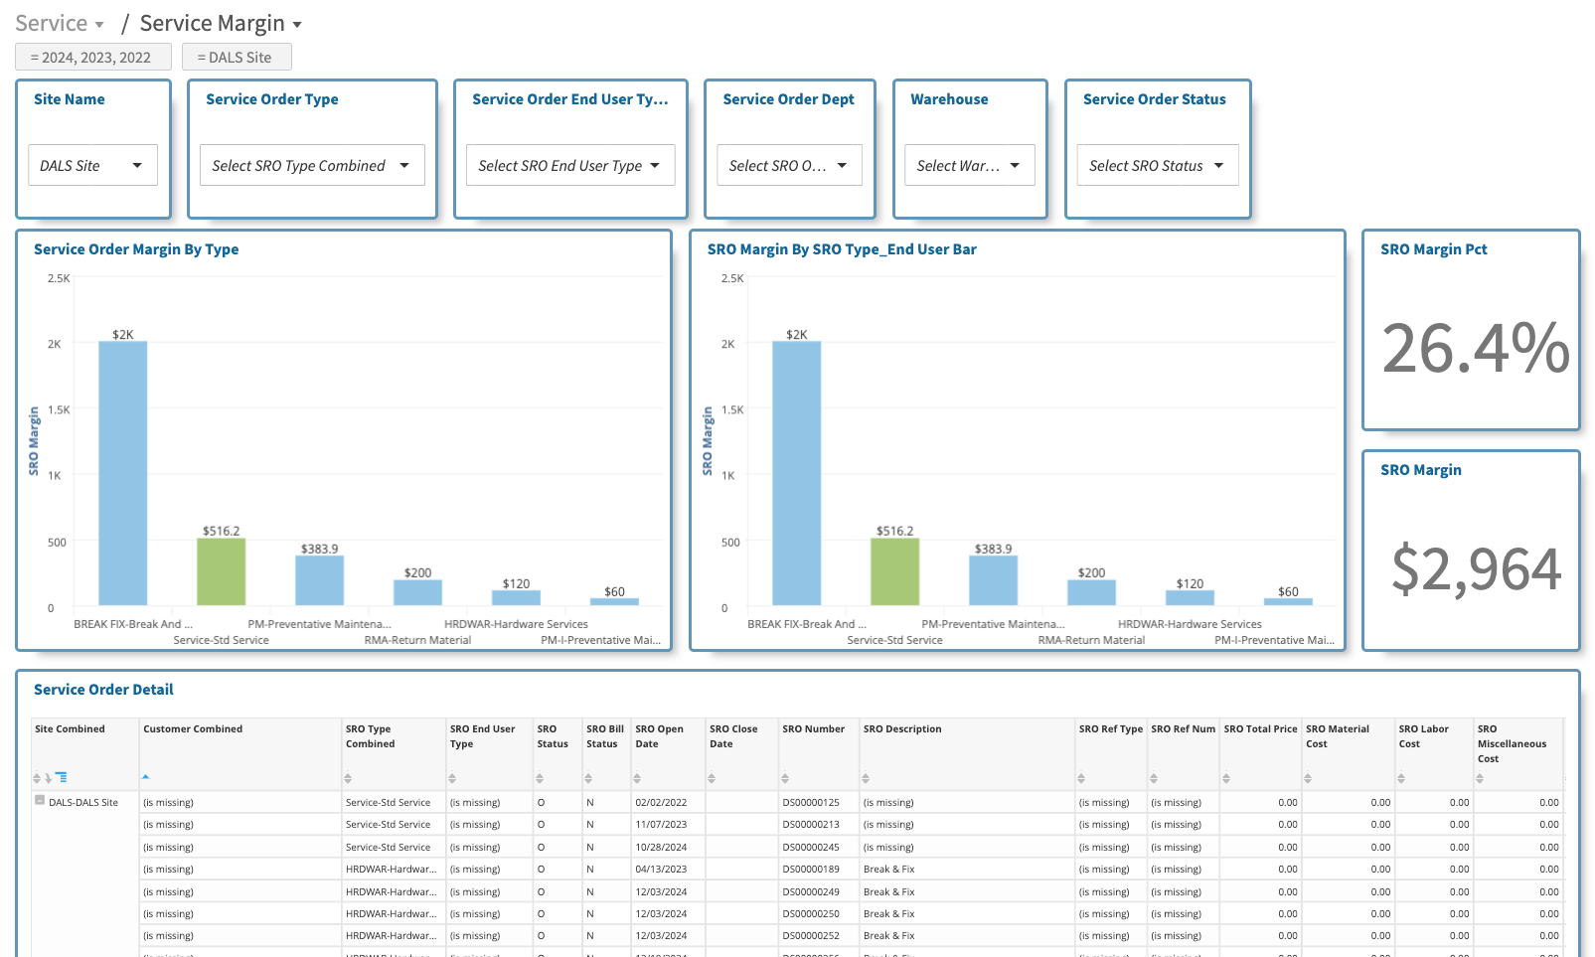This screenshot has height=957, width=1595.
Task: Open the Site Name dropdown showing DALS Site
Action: (x=91, y=165)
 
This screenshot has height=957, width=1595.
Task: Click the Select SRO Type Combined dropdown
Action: (x=311, y=165)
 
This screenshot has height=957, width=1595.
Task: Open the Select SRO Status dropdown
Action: (x=1157, y=165)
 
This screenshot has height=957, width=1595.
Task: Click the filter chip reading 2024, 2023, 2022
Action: (x=93, y=58)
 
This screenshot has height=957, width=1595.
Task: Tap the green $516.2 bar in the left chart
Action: (x=221, y=571)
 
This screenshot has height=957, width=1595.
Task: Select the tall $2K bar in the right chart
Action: (x=796, y=473)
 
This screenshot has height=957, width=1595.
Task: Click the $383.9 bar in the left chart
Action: (x=319, y=580)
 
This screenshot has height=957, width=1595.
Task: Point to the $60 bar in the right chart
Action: (x=1288, y=601)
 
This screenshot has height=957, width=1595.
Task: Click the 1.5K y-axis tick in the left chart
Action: (x=59, y=409)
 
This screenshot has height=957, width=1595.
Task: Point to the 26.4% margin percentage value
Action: (x=1475, y=349)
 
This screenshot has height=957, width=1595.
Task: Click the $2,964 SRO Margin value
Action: (x=1476, y=569)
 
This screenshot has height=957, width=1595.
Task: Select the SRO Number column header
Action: (x=813, y=729)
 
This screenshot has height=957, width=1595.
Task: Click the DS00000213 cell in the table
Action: (x=811, y=825)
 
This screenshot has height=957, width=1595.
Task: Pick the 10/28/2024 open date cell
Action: (x=661, y=848)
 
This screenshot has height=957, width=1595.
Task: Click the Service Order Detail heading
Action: (x=103, y=690)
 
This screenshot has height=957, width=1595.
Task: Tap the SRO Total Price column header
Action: (x=1260, y=729)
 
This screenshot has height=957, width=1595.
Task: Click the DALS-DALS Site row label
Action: (x=83, y=803)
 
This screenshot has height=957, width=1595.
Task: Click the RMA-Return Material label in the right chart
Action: (x=1091, y=640)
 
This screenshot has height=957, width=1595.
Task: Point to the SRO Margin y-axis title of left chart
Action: (x=34, y=440)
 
